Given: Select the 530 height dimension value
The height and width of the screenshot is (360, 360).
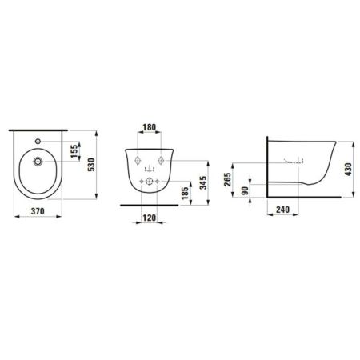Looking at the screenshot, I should tap(102, 164).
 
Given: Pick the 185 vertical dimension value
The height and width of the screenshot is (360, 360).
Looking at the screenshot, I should tap(186, 192).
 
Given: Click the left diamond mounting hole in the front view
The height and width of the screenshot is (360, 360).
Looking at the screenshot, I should tap(134, 157).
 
